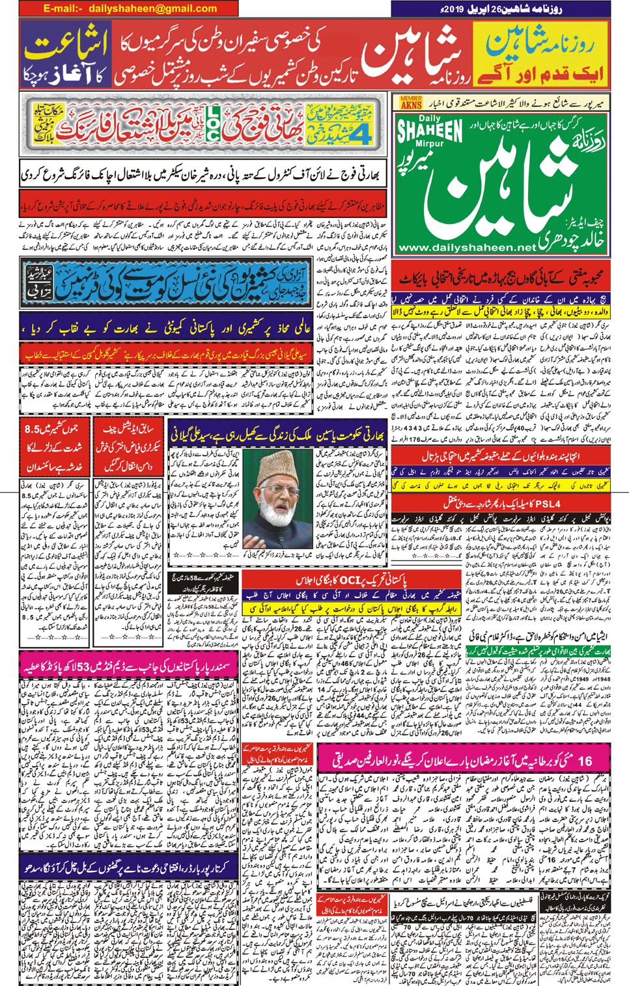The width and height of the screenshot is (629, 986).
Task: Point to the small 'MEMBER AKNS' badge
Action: (x=410, y=102)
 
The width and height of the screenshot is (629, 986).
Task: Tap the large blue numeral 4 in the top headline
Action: (x=316, y=133)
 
